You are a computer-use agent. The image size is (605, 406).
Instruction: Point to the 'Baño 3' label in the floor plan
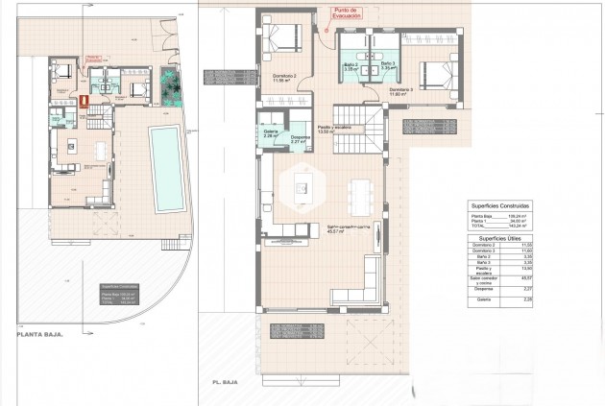pos(387,67)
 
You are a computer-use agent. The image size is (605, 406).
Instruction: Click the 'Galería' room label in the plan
pos(269,133)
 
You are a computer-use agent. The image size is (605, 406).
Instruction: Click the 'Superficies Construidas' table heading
pos(498,206)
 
